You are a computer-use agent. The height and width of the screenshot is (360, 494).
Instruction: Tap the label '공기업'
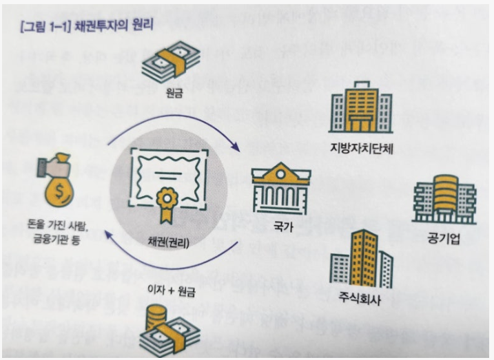[x=442, y=241]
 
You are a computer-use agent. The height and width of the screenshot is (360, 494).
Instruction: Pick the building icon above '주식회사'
[x=362, y=262]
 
